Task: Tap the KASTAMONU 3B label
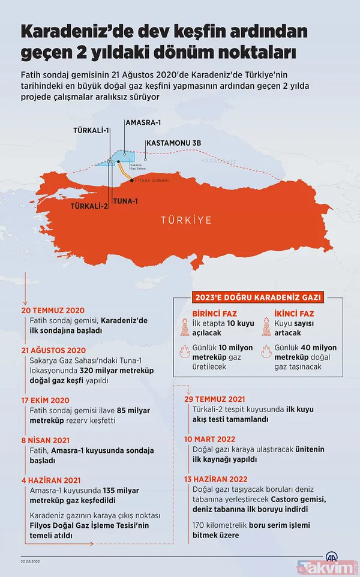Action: click(173, 144)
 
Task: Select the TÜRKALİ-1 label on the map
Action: click(91, 129)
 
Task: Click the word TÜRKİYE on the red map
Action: click(185, 220)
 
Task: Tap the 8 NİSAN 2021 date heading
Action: click(46, 440)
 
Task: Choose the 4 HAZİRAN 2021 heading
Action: click(52, 479)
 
